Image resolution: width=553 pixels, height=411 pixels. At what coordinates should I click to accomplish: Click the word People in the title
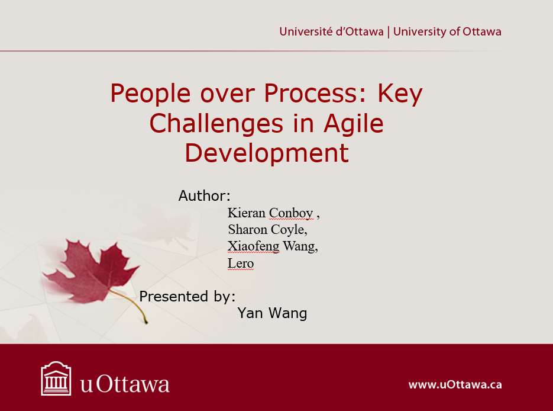point(151,94)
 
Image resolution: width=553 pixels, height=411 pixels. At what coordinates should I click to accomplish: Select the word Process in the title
point(311,93)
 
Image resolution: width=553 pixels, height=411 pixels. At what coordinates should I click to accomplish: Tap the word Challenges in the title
point(216,124)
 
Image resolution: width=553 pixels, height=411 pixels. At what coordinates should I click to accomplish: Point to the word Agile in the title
point(353,124)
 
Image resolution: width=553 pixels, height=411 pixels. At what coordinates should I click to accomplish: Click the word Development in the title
point(267,153)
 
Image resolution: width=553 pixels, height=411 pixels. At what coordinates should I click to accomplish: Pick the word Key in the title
point(400,94)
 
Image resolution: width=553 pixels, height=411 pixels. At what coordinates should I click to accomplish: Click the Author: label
point(204,195)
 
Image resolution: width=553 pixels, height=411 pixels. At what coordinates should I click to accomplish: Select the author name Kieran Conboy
point(270,213)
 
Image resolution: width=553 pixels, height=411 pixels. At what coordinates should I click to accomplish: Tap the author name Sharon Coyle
point(268,230)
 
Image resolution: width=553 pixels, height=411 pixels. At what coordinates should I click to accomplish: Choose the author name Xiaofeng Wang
point(273,246)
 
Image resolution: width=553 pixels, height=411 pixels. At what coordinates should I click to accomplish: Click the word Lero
point(241,263)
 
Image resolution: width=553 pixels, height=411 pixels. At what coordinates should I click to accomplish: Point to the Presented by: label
point(187,297)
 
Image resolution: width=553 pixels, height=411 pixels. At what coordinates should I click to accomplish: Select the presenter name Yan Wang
point(272,313)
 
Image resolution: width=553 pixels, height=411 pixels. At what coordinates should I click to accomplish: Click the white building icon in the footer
point(56,378)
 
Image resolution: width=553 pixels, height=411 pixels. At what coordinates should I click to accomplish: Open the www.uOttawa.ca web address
point(455,384)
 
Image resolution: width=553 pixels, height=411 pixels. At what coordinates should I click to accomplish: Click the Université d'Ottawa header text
point(331,31)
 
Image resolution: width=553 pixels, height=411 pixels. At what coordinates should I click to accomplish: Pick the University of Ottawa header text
point(447,31)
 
